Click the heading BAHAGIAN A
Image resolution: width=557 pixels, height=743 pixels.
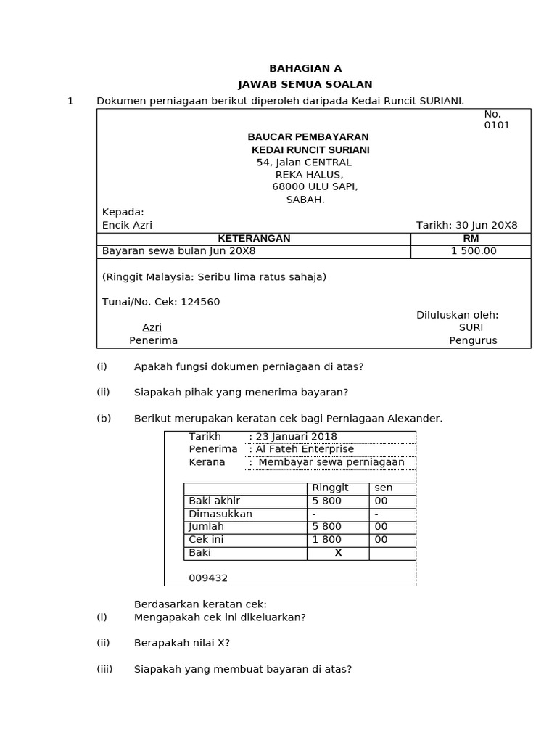pyautogui.click(x=305, y=69)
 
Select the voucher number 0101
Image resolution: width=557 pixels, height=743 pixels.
pyautogui.click(x=497, y=125)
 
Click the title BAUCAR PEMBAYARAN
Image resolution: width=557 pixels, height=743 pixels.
pyautogui.click(x=308, y=136)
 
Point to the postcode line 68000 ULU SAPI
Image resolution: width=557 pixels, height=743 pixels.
pyautogui.click(x=315, y=186)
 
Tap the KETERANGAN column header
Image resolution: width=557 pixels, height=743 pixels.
pyautogui.click(x=254, y=238)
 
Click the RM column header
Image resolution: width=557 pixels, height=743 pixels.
pyautogui.click(x=471, y=238)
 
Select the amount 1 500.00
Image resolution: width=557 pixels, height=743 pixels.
pyautogui.click(x=474, y=251)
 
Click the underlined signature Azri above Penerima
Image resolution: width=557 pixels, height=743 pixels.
pyautogui.click(x=152, y=327)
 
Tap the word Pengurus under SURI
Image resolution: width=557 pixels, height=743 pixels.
pyautogui.click(x=473, y=340)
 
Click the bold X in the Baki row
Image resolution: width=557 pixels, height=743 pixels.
pyautogui.click(x=337, y=553)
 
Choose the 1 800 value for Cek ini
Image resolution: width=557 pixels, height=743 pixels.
pyautogui.click(x=326, y=540)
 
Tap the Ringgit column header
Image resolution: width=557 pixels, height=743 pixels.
pyautogui.click(x=330, y=488)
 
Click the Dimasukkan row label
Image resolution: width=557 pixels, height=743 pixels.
pyautogui.click(x=220, y=514)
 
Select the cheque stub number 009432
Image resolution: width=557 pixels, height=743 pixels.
pyautogui.click(x=208, y=578)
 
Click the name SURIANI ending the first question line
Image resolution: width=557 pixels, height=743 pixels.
pyautogui.click(x=441, y=101)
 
